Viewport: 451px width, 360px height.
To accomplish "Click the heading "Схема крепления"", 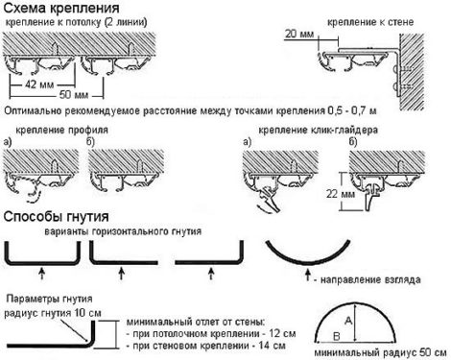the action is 61,8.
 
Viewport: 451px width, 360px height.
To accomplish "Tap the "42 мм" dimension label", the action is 39,84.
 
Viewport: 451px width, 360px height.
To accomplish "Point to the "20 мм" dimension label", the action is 299,34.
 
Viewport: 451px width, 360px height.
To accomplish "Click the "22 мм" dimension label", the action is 341,194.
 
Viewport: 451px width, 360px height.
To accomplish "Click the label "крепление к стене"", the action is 370,22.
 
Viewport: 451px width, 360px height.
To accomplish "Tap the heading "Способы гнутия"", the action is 56,217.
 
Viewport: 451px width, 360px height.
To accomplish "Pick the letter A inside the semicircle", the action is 348,321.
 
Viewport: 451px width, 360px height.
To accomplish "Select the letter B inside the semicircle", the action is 337,336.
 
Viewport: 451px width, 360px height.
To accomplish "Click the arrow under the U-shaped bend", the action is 41,274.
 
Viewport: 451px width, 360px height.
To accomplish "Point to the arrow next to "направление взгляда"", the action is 307,276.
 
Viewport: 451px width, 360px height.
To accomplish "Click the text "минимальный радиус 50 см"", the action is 380,353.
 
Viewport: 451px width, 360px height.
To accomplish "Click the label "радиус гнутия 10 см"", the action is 53,313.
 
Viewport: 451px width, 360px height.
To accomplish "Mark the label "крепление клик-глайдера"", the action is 318,131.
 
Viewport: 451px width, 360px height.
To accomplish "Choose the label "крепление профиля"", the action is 61,131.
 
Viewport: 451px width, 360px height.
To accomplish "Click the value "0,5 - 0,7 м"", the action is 352,111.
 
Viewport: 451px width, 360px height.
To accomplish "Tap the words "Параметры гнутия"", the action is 49,300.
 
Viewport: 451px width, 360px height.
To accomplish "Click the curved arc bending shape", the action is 308,263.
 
